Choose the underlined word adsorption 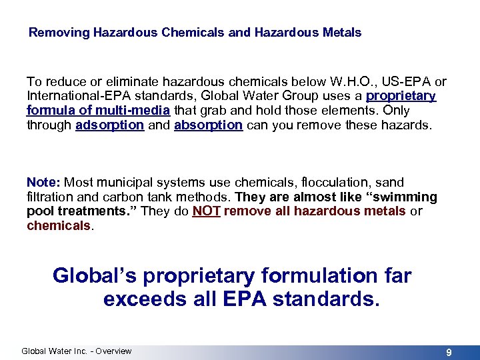point(110,125)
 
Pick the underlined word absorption point(208,125)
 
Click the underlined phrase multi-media point(137,111)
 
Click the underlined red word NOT point(205,211)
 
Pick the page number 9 point(449,352)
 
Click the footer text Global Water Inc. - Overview point(77,351)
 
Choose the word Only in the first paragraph point(395,111)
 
